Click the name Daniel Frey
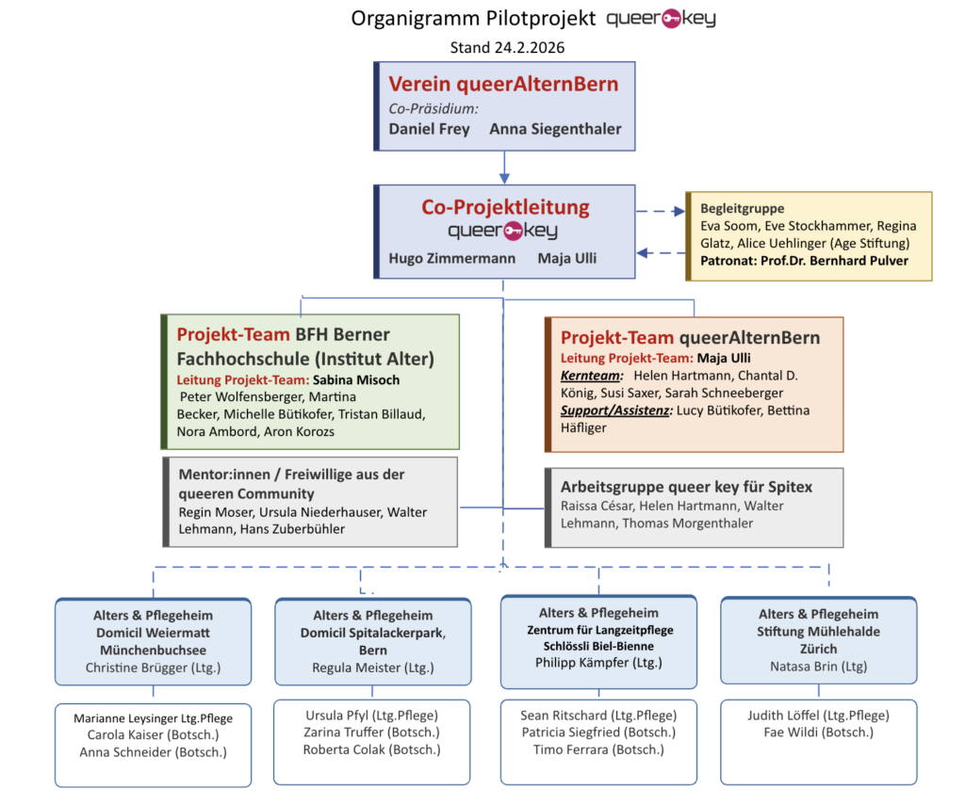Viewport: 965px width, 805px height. point(429,129)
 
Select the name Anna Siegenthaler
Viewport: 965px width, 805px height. point(555,129)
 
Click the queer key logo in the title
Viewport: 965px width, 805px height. point(667,18)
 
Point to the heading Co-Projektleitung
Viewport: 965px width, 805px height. point(505,207)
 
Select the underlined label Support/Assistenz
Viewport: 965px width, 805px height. point(614,411)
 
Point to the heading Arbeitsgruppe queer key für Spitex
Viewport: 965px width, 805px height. point(686,487)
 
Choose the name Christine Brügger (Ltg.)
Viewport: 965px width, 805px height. point(153,668)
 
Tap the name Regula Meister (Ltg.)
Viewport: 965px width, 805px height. point(373,668)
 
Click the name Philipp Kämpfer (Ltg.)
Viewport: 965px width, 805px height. point(598,662)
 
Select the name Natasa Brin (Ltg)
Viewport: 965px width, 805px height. point(817,666)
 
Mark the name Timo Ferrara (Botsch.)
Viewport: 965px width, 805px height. point(598,749)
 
